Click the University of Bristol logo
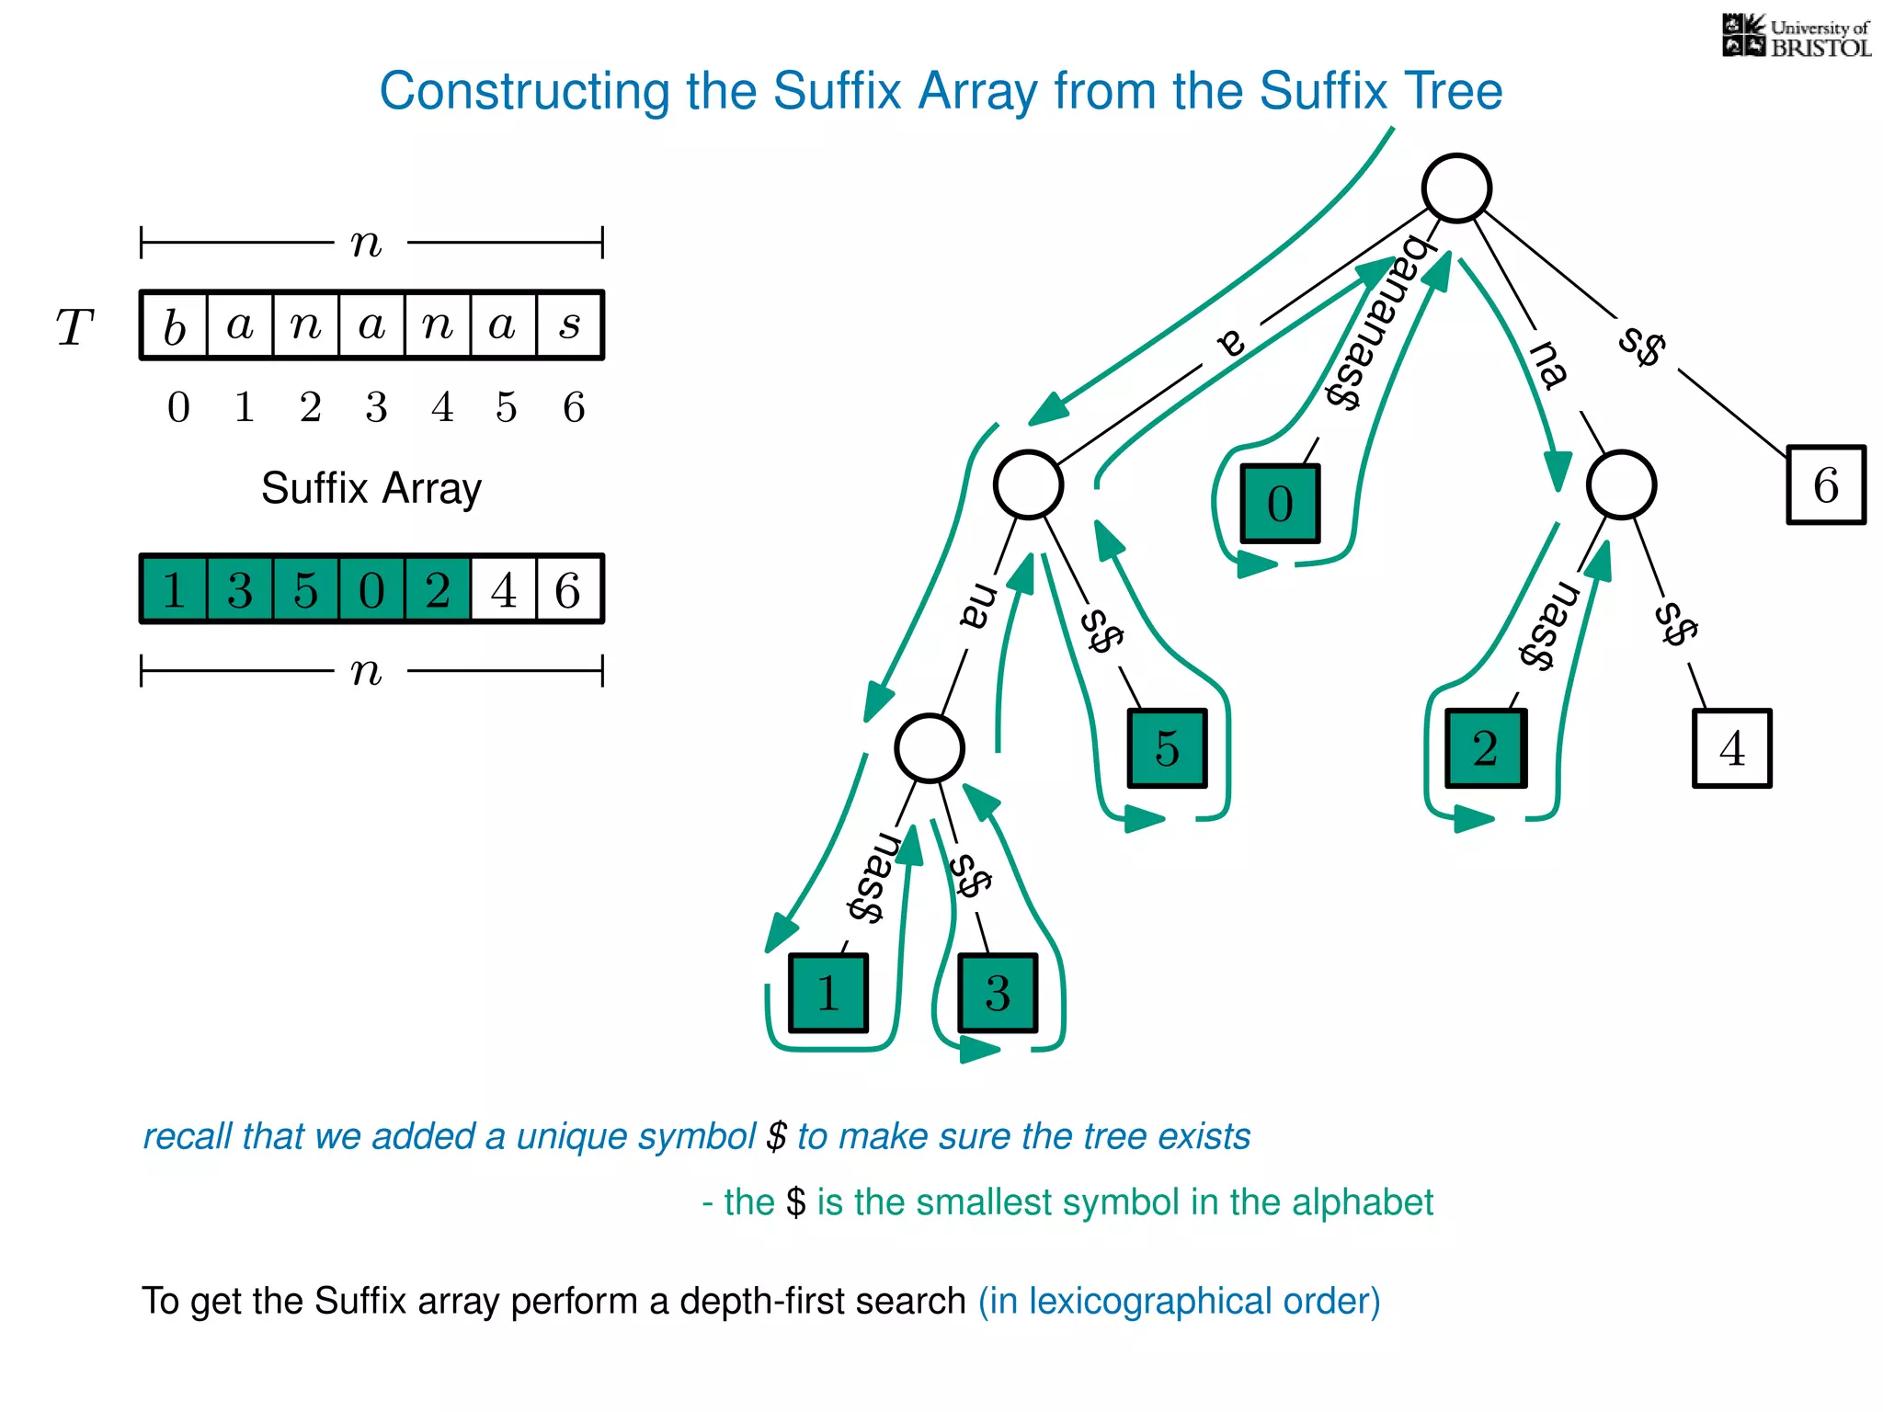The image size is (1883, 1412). [x=1796, y=37]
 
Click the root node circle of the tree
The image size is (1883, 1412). [x=1456, y=188]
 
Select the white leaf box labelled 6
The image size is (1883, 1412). [x=1825, y=485]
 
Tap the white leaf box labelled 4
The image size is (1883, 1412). [x=1731, y=748]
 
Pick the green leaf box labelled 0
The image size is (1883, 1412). [x=1280, y=504]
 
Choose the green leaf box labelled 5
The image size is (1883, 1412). [x=1167, y=748]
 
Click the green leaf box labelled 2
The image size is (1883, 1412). [x=1485, y=748]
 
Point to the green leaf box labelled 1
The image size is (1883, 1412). [x=827, y=993]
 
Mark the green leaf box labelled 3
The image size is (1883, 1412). [x=998, y=993]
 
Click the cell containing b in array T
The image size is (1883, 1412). [x=175, y=325]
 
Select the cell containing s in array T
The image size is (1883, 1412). [x=570, y=325]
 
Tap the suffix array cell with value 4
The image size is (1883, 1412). [x=503, y=589]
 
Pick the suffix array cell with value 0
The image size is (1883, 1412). [x=371, y=589]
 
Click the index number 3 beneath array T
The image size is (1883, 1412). [x=376, y=407]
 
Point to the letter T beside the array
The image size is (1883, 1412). [x=74, y=327]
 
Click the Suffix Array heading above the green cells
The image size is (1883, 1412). [x=371, y=488]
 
